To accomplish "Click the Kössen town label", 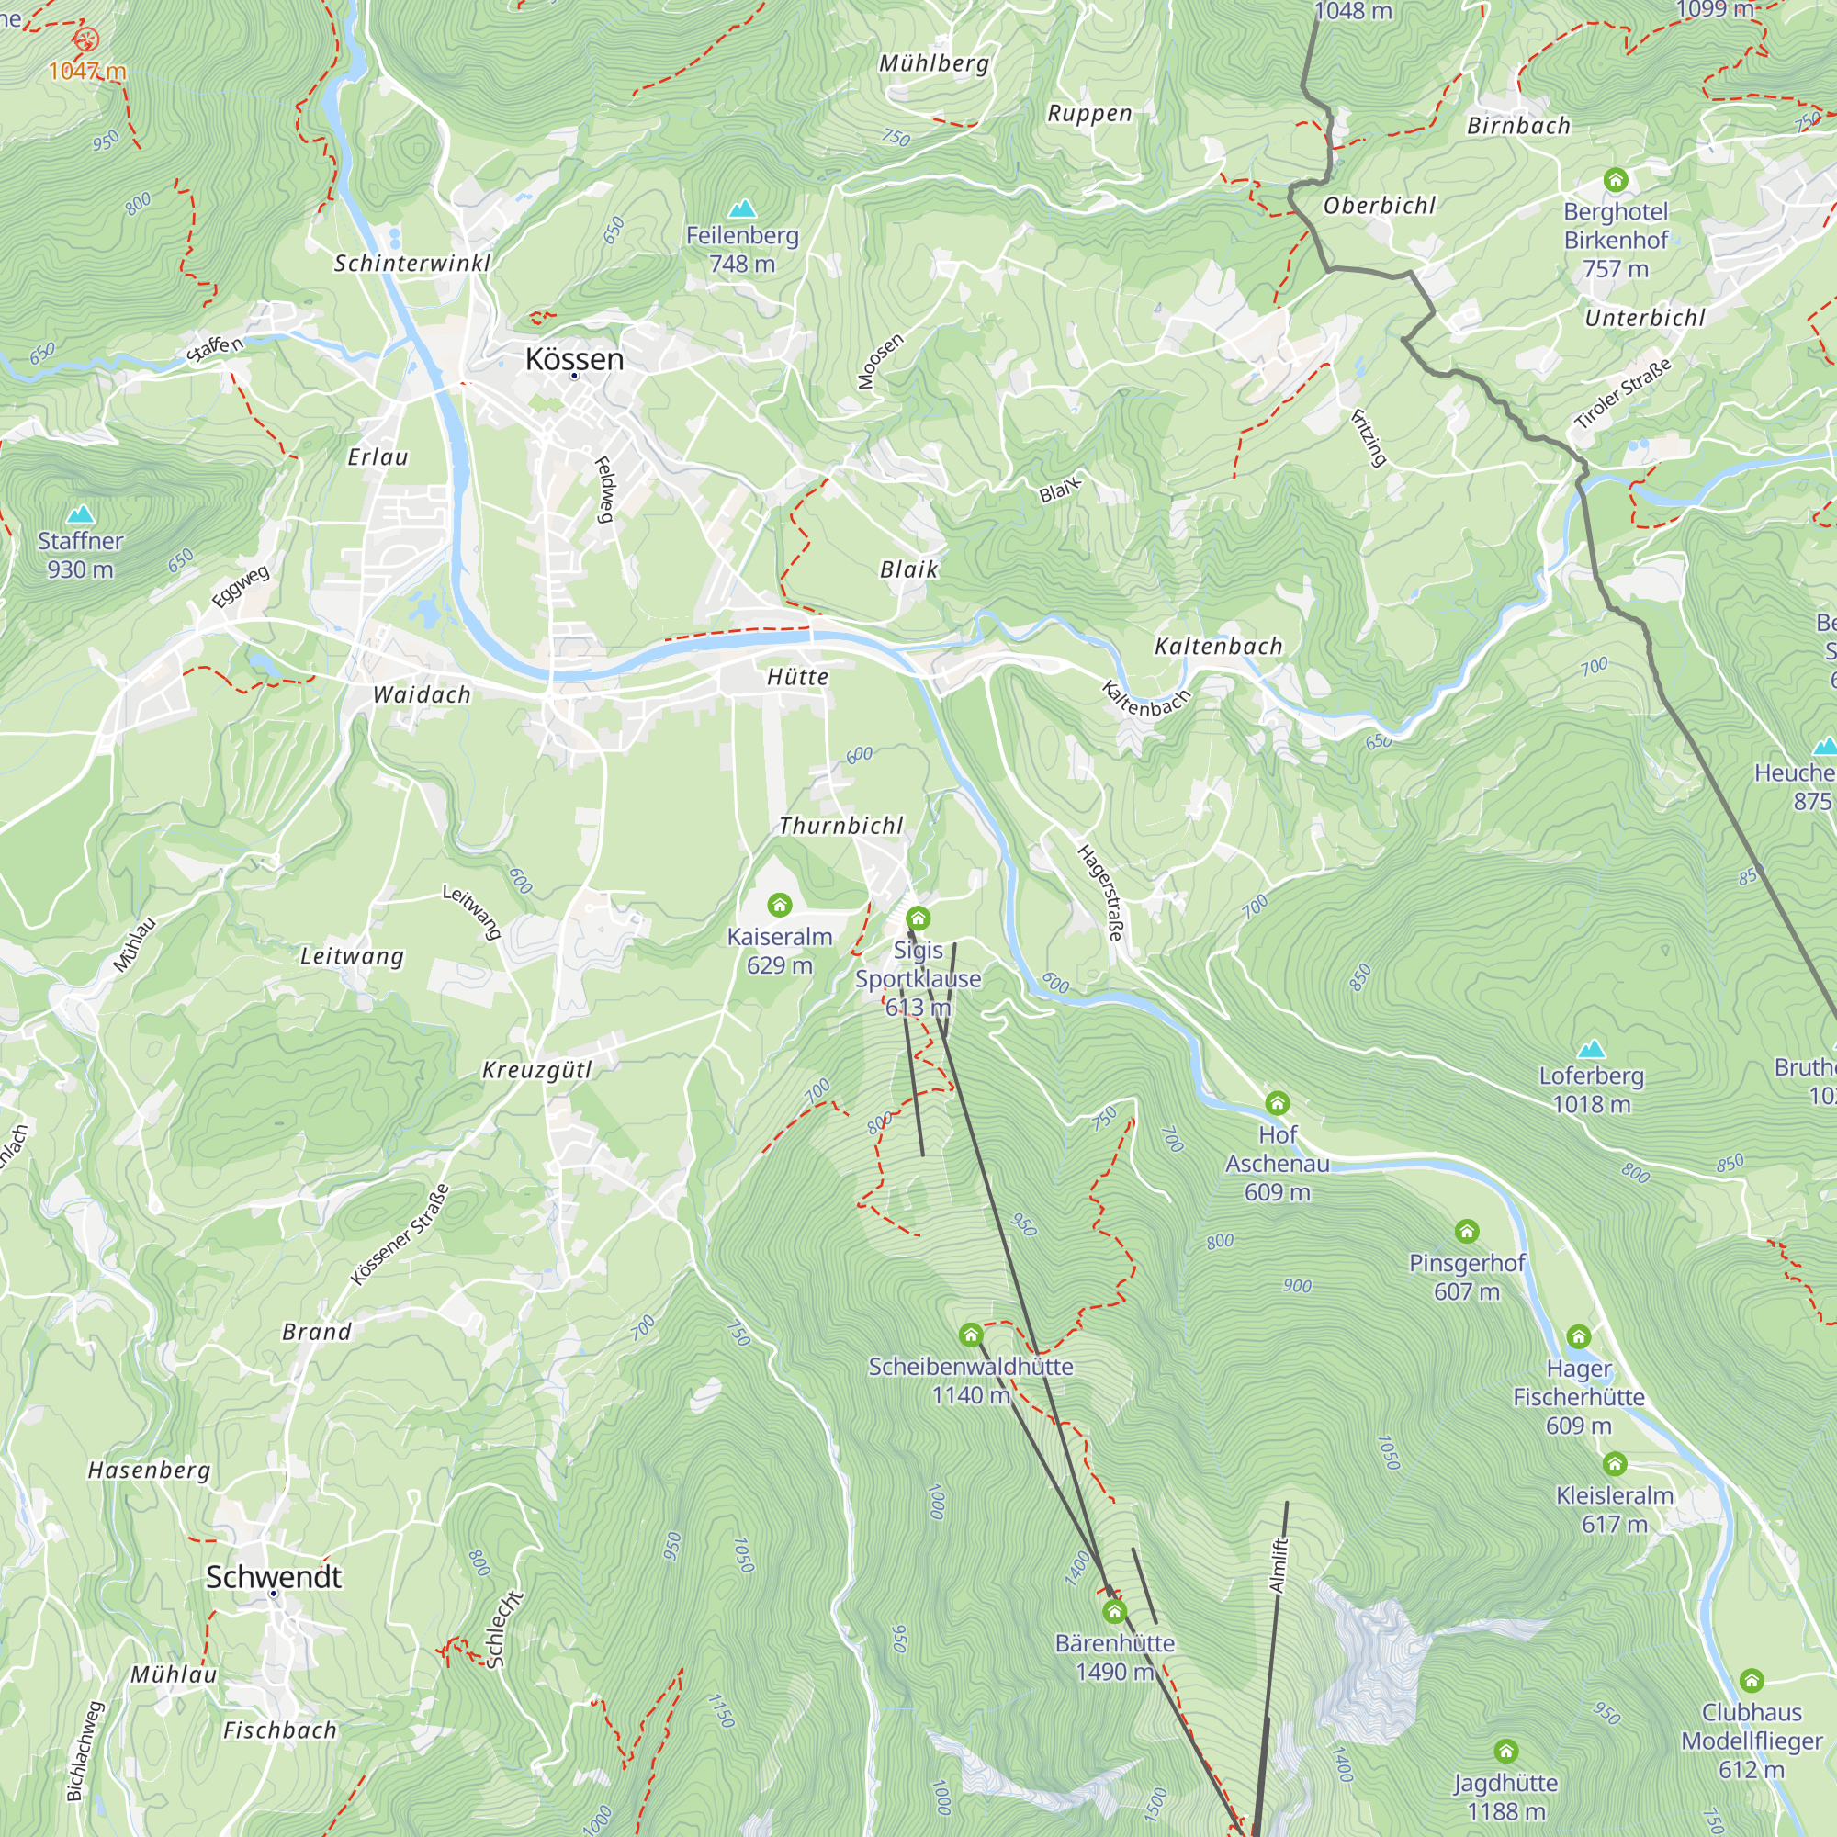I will (574, 359).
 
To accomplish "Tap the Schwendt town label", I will (274, 1576).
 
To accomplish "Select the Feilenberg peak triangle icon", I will (741, 208).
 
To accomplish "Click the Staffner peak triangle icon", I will (81, 514).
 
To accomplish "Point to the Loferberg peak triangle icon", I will (1591, 1050).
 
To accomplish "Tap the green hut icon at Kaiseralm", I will (780, 904).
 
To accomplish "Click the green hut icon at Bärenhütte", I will (1114, 1612).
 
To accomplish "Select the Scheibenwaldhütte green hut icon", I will (971, 1335).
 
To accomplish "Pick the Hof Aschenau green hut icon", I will (1277, 1103).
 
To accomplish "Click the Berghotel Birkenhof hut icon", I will (1616, 180).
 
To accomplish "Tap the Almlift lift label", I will (1279, 1565).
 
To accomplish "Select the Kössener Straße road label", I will (400, 1234).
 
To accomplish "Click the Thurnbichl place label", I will (840, 826).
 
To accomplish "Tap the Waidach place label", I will (422, 695).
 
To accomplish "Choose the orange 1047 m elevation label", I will (87, 71).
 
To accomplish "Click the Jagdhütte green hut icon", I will (1505, 1752).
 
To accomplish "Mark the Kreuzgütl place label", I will (537, 1070).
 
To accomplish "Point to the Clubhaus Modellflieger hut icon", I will (1752, 1681).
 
